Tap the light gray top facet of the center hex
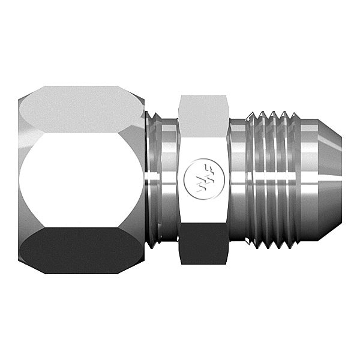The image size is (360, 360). [x=203, y=115]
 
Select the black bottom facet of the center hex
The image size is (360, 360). [x=203, y=244]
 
